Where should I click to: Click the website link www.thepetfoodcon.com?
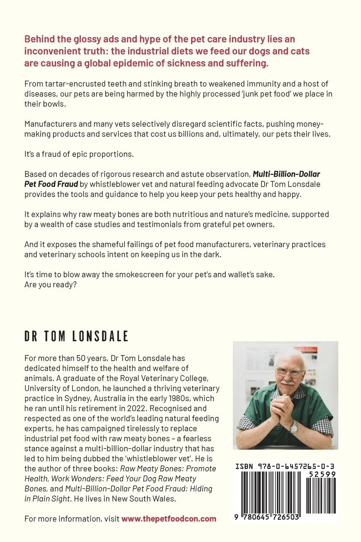(169, 518)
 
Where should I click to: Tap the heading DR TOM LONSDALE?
(76, 337)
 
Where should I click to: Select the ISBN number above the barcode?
(285, 465)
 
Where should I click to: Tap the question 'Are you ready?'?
(50, 285)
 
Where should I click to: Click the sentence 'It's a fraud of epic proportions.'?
(79, 154)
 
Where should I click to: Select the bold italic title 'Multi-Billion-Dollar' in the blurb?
(287, 174)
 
